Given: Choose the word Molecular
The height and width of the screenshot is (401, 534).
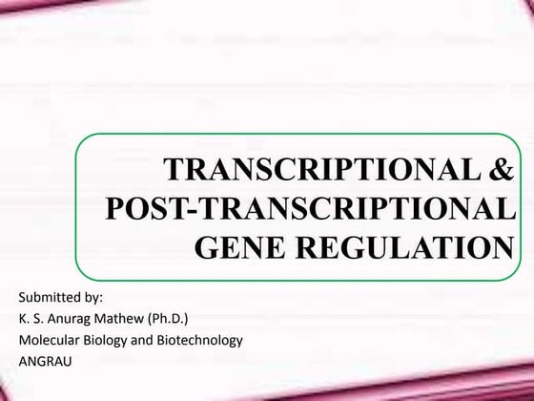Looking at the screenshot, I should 48,339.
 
